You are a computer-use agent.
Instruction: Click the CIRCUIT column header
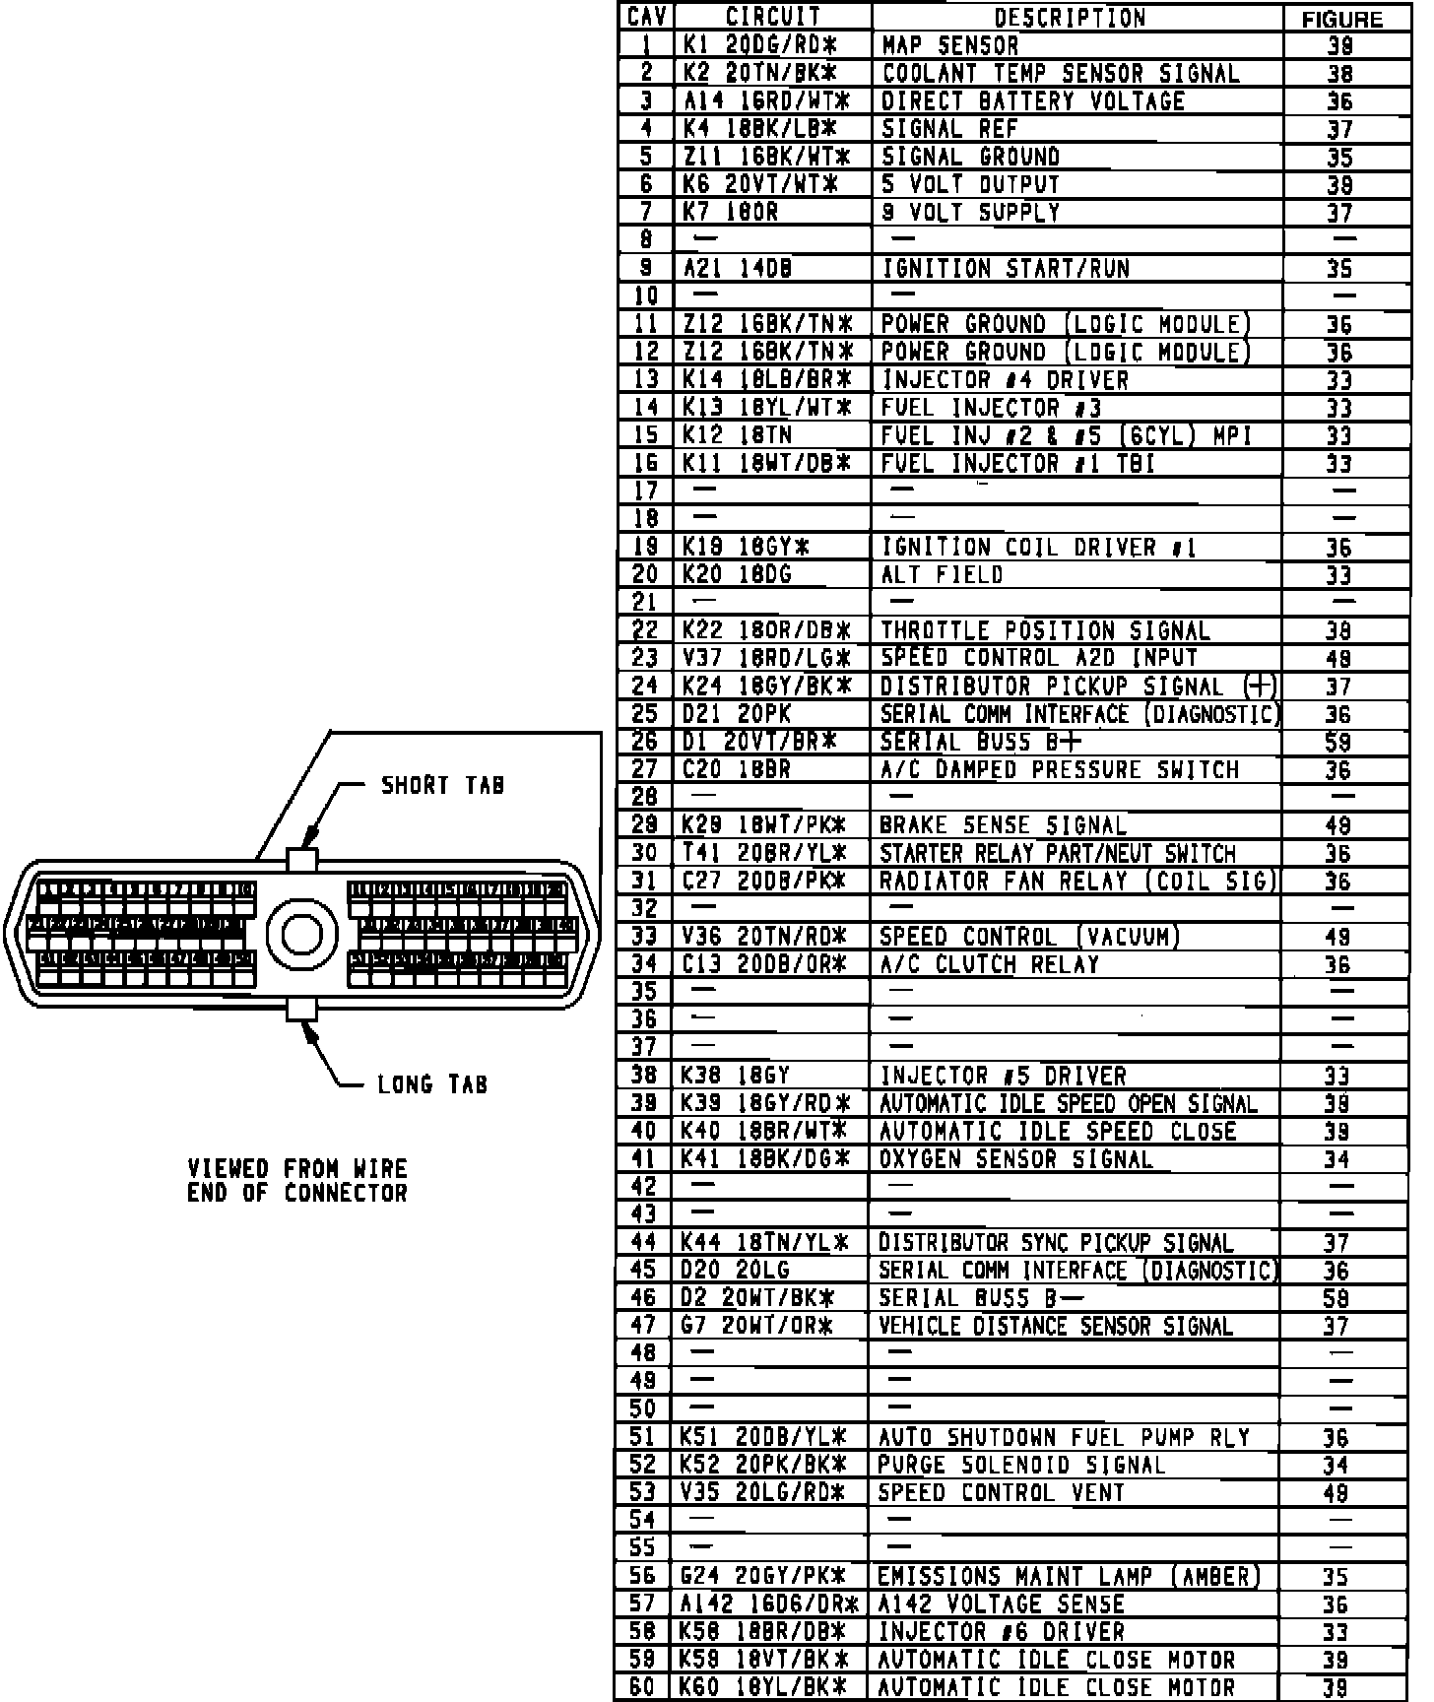(x=773, y=17)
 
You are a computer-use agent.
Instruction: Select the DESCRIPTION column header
(x=1070, y=18)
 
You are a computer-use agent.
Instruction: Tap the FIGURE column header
(x=1342, y=19)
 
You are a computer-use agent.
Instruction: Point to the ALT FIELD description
(x=941, y=574)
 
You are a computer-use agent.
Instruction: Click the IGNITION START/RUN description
(x=1006, y=268)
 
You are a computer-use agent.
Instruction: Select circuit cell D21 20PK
(x=737, y=714)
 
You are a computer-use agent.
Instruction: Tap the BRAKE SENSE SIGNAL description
(x=1003, y=825)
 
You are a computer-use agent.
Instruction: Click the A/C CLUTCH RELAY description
(x=989, y=964)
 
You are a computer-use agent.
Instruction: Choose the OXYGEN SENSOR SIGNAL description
(x=1015, y=1159)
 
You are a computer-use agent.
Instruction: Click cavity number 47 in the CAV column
(x=643, y=1326)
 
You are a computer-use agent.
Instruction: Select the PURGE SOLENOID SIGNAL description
(x=1021, y=1465)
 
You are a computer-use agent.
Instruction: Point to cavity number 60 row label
(x=642, y=1686)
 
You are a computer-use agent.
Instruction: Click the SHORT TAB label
(x=442, y=785)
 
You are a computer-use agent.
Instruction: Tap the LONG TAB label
(x=432, y=1084)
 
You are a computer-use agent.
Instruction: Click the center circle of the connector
(x=300, y=933)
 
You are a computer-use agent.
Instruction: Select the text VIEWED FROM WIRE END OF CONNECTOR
(x=297, y=1181)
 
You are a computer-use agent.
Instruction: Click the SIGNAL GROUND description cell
(x=970, y=157)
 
